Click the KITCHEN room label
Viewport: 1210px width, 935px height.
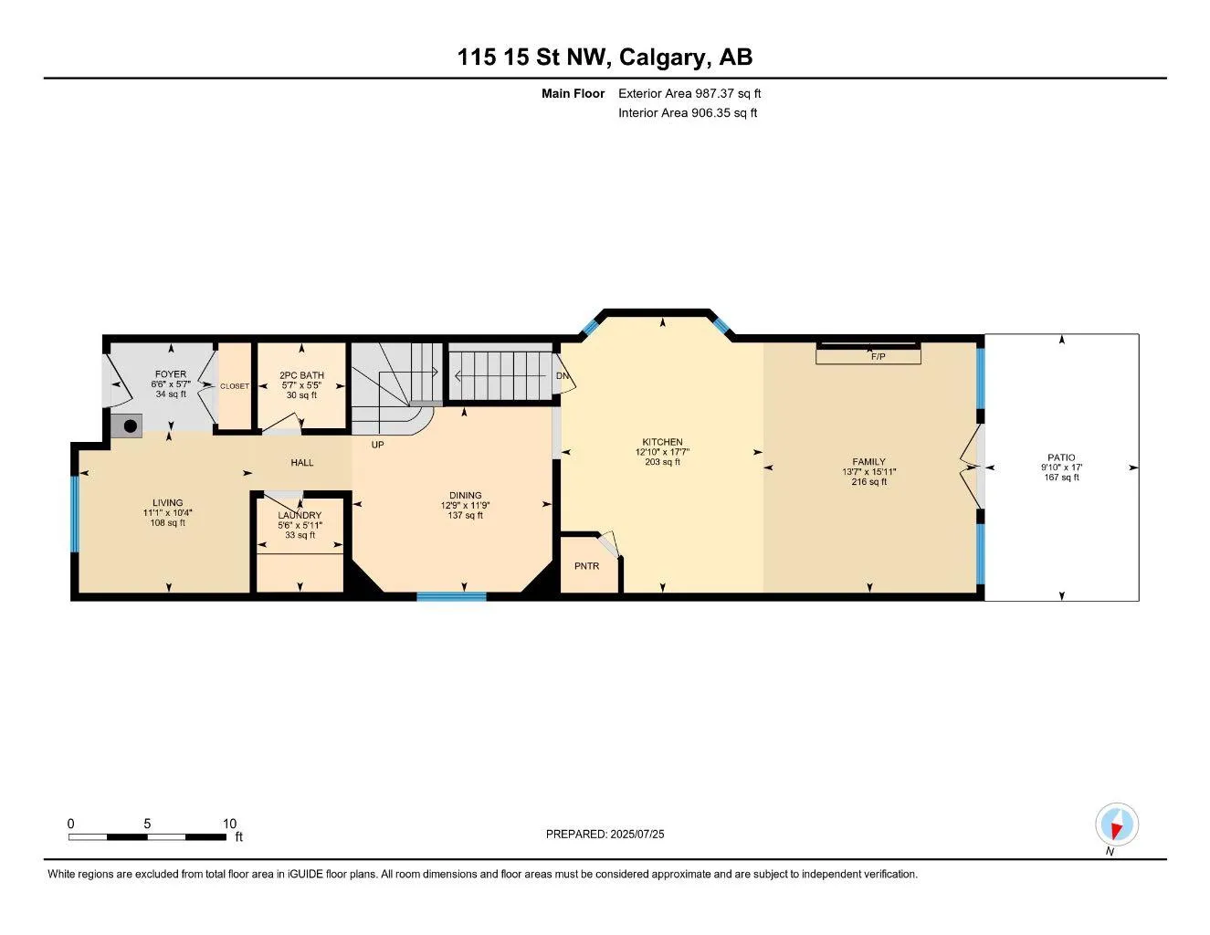pyautogui.click(x=662, y=442)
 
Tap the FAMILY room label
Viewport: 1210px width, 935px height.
pyautogui.click(x=868, y=461)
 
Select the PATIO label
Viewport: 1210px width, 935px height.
pyautogui.click(x=1061, y=457)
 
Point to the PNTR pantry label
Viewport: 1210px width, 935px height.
pyautogui.click(x=587, y=566)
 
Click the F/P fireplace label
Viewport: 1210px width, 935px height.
pyautogui.click(x=879, y=356)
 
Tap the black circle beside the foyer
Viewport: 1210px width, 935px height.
pyautogui.click(x=131, y=426)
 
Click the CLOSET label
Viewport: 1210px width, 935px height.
pyautogui.click(x=235, y=386)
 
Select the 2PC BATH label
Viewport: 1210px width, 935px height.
pyautogui.click(x=301, y=375)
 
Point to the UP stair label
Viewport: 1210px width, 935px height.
pyautogui.click(x=377, y=445)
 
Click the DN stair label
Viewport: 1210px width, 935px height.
pyautogui.click(x=563, y=375)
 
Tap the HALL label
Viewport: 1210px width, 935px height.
pyautogui.click(x=301, y=463)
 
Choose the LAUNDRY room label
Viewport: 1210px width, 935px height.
pyautogui.click(x=300, y=515)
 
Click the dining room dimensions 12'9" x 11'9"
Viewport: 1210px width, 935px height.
pyautogui.click(x=465, y=505)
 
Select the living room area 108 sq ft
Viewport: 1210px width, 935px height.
pyautogui.click(x=168, y=522)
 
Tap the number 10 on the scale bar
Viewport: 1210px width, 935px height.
pyautogui.click(x=229, y=824)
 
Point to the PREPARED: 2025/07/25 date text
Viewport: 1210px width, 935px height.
pyautogui.click(x=605, y=835)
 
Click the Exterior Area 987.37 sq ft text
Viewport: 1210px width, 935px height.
pyautogui.click(x=689, y=93)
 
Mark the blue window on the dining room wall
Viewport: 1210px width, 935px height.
pyautogui.click(x=452, y=597)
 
